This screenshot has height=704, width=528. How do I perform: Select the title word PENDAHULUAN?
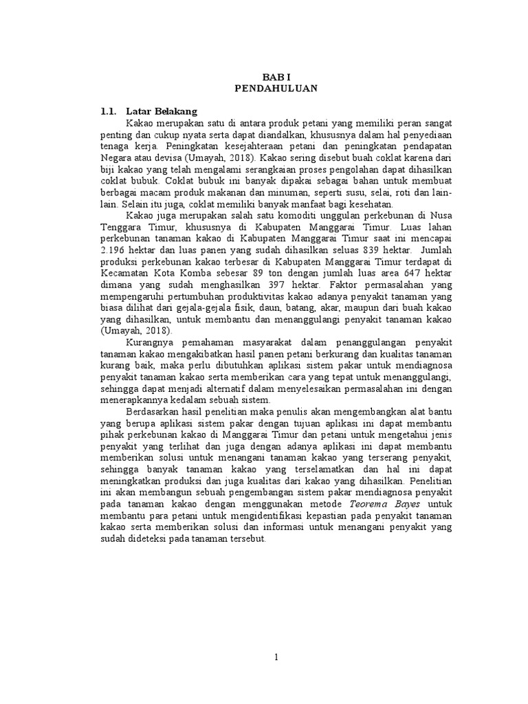pyautogui.click(x=265, y=89)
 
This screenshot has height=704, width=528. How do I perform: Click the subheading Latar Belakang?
pyautogui.click(x=162, y=111)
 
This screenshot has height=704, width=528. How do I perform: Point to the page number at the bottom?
pyautogui.click(x=276, y=657)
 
